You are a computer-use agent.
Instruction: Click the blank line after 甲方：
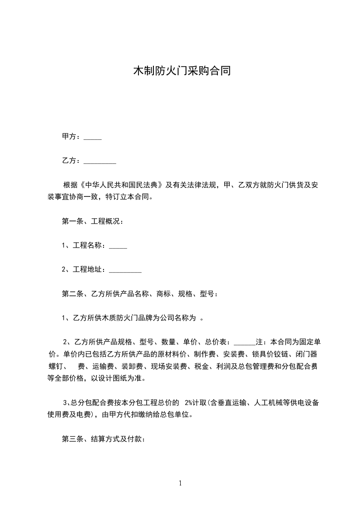(93, 137)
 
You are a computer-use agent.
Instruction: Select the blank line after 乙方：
(100, 161)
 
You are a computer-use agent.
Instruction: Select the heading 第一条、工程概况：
(93, 221)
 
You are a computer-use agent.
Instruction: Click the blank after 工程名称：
(118, 246)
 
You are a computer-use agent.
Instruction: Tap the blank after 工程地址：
(125, 270)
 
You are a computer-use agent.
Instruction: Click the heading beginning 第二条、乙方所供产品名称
(140, 294)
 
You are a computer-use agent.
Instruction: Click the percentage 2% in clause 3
(189, 402)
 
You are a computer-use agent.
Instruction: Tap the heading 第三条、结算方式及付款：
(104, 439)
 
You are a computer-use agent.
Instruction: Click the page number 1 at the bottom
(180, 483)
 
